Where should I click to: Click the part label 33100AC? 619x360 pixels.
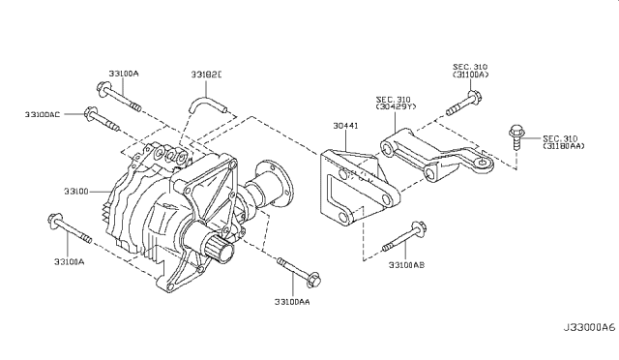43,114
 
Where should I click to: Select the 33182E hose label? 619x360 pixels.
206,75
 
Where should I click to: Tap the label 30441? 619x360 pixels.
345,126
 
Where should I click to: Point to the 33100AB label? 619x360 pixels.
406,265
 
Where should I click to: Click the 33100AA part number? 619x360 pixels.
292,302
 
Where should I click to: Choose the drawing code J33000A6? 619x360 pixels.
589,328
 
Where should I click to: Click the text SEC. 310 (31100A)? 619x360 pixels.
470,71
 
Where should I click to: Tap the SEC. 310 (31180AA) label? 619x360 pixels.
563,142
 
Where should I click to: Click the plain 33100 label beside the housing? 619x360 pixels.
76,192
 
